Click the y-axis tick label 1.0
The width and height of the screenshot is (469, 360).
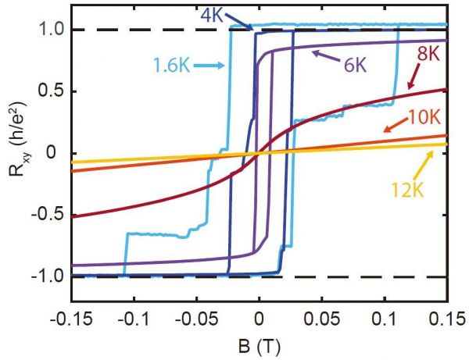coord(48,30)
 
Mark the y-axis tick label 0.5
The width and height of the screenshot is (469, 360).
coord(48,91)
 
